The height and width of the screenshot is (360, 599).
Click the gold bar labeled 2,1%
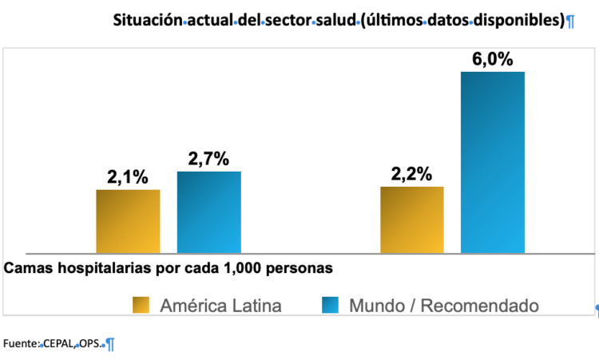tap(128, 222)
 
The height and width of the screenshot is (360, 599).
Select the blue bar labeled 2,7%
tap(209, 212)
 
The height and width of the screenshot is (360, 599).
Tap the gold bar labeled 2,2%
tap(412, 220)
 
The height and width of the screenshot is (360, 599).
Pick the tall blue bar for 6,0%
tap(493, 163)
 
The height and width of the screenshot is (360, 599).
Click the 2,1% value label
tap(128, 178)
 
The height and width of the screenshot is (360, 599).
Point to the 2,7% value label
tap(209, 160)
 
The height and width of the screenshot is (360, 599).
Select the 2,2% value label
tap(412, 175)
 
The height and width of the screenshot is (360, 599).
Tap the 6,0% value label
tap(493, 60)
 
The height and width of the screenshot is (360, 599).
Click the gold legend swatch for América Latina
tap(141, 305)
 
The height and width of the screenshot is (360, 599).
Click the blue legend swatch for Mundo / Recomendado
tap(331, 305)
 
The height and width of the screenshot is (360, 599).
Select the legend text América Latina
tap(220, 305)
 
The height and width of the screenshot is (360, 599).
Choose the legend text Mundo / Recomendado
tap(444, 305)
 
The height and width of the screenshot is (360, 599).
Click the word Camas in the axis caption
tap(26, 267)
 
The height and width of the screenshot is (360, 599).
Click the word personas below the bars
tap(304, 267)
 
